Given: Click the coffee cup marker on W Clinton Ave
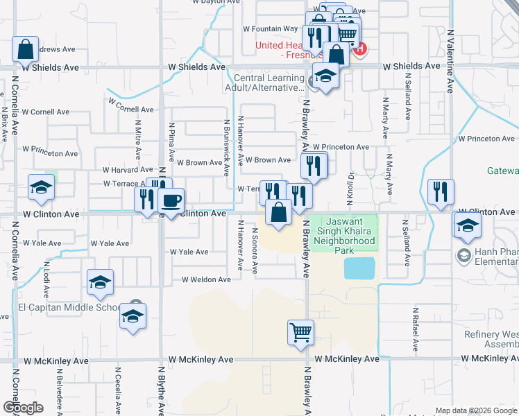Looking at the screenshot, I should click(x=171, y=201).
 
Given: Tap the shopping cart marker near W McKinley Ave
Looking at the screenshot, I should click(x=300, y=332).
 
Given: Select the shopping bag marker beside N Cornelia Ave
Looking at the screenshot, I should click(x=25, y=49).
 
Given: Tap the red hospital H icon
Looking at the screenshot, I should click(x=359, y=49).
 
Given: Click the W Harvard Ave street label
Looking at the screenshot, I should click(x=128, y=169).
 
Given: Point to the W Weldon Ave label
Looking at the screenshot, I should click(x=206, y=279).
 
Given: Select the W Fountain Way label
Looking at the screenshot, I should click(x=270, y=29).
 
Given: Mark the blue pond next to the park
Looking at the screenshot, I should click(x=359, y=268).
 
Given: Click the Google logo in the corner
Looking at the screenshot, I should click(x=22, y=408).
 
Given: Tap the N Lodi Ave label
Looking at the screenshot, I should click(x=46, y=275).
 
